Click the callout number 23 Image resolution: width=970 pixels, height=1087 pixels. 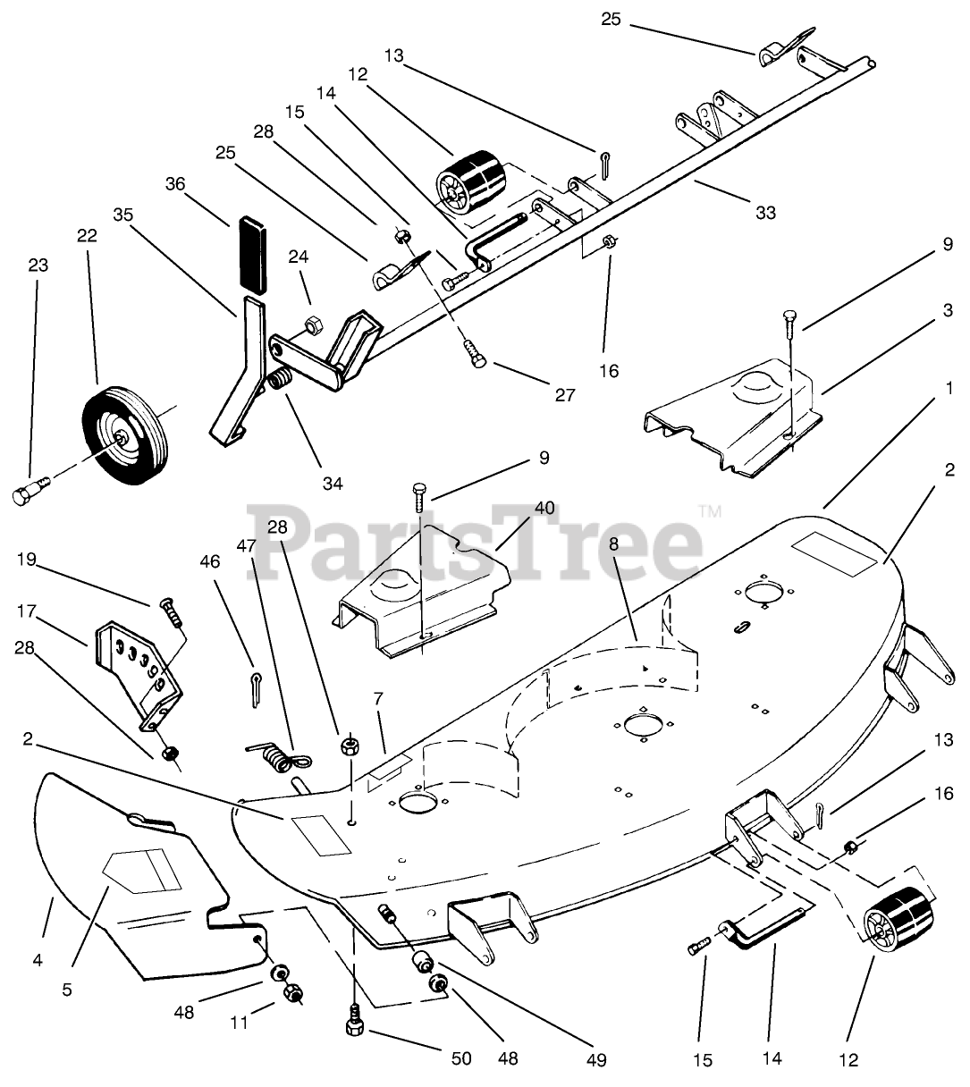pos(38,265)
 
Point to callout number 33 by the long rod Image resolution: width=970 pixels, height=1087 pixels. pos(764,213)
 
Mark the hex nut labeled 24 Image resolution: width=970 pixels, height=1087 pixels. pos(313,324)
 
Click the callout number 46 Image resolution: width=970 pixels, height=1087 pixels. pos(209,562)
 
